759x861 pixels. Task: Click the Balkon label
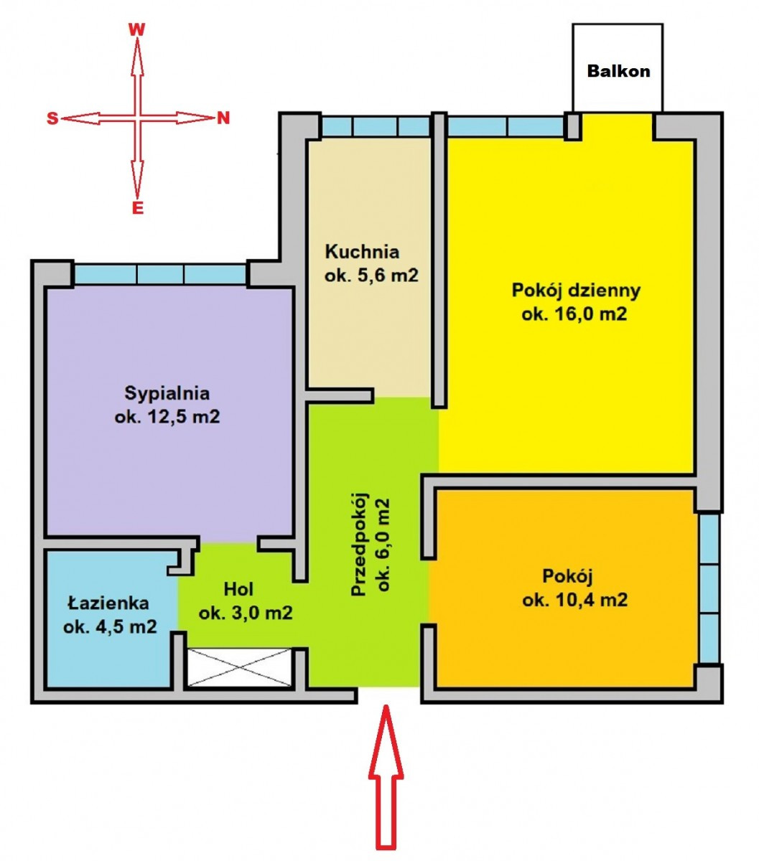click(x=618, y=71)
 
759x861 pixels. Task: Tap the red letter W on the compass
click(x=137, y=29)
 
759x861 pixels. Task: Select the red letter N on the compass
click(x=223, y=118)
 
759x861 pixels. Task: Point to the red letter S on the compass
click(x=52, y=118)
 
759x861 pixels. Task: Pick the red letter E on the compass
click(x=137, y=208)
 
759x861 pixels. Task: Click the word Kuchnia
click(x=362, y=252)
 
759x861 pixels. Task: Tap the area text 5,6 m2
click(x=383, y=276)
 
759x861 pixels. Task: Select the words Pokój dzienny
click(x=576, y=291)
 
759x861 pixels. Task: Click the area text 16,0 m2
click(x=592, y=314)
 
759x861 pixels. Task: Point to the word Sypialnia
click(x=167, y=393)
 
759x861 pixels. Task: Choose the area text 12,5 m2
click(x=184, y=416)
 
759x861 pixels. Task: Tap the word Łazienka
click(x=108, y=603)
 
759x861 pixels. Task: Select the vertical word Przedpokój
click(x=360, y=544)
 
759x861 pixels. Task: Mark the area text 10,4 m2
click(x=592, y=600)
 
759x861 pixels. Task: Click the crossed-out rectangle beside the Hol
click(x=240, y=667)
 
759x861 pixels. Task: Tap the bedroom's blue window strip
click(x=160, y=274)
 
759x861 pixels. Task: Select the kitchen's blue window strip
click(x=376, y=126)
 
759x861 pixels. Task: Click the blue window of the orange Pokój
click(x=709, y=588)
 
